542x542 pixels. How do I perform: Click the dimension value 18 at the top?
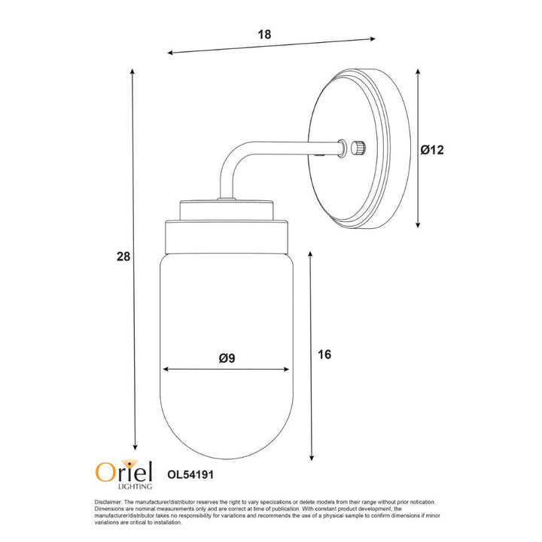click(263, 35)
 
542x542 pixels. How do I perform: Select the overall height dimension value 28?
click(123, 257)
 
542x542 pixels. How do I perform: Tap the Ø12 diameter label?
click(433, 150)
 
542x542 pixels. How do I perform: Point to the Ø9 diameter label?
click(227, 358)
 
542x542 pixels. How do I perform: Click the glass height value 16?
click(324, 354)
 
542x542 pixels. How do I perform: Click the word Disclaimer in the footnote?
click(109, 502)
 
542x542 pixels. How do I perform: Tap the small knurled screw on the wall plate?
click(358, 146)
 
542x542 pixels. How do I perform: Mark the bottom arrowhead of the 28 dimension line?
click(135, 445)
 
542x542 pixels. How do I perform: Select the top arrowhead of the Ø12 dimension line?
click(419, 69)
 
